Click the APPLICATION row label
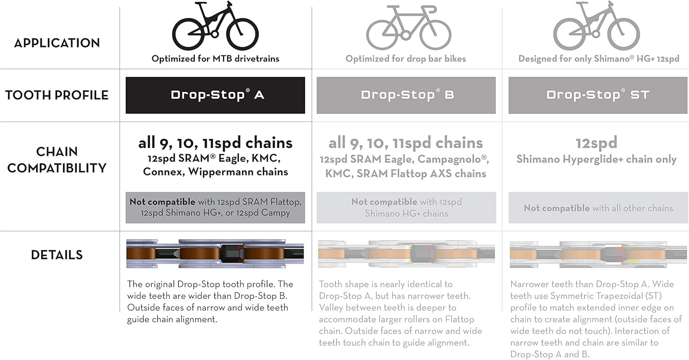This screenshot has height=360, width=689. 57,43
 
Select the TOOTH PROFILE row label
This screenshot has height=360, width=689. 57,95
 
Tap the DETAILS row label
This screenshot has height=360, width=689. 57,255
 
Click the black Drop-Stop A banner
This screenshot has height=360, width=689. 215,96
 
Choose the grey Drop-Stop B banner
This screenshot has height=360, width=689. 406,96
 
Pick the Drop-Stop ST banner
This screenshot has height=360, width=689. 598,96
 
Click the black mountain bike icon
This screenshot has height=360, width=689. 215,26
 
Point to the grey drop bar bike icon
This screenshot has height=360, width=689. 408,28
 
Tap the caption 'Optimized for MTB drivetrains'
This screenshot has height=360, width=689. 215,59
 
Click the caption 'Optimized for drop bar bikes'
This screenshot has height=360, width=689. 406,59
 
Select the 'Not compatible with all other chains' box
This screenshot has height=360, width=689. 598,208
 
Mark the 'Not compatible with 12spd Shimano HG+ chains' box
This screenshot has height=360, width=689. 407,208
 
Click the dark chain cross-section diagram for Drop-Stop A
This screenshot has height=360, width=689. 215,253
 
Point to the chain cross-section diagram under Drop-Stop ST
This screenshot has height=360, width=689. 598,254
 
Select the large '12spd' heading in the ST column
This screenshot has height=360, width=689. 596,143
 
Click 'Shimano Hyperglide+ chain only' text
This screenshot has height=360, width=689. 596,159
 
